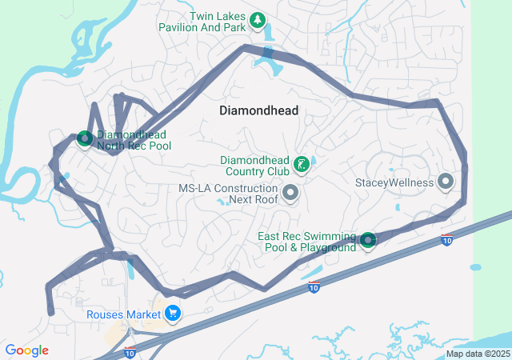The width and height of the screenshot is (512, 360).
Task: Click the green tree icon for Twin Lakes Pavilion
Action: (x=257, y=20)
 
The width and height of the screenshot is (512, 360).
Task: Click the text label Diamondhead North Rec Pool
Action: (x=134, y=141)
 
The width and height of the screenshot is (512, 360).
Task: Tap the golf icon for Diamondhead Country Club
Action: (x=301, y=165)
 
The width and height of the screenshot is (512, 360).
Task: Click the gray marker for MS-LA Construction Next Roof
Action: (x=290, y=193)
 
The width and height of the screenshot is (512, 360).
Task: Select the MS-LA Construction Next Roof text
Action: (x=228, y=194)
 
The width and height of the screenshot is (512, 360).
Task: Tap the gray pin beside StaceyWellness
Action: (x=446, y=182)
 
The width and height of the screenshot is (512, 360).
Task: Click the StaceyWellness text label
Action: (x=394, y=182)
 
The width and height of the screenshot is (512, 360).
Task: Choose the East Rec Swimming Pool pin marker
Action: (x=367, y=239)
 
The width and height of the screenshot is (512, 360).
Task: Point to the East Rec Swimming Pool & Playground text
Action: (x=306, y=242)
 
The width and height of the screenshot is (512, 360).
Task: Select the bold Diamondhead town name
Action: (x=258, y=111)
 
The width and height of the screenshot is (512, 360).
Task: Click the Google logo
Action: (x=26, y=350)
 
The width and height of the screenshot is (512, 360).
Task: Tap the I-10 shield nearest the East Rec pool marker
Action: (x=446, y=240)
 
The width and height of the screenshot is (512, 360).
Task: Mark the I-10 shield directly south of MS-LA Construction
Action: (x=315, y=287)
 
